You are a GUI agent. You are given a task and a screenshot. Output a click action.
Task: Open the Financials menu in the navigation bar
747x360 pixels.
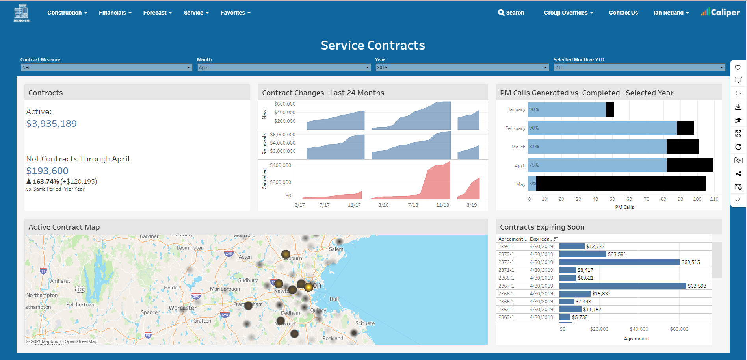(115, 13)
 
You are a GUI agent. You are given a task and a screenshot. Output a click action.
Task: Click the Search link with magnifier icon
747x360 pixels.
(511, 13)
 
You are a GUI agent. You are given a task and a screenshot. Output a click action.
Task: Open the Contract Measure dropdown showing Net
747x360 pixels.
(106, 67)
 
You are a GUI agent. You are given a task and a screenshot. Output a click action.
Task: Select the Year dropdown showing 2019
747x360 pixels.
(461, 67)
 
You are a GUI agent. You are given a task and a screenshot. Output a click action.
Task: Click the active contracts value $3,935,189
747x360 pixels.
(52, 124)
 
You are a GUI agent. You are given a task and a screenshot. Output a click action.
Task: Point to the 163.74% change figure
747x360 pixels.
(46, 182)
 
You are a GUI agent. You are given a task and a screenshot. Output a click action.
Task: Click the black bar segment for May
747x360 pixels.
(621, 184)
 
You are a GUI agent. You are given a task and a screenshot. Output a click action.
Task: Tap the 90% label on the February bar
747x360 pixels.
(534, 128)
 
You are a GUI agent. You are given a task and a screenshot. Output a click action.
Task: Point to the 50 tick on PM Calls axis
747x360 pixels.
(612, 199)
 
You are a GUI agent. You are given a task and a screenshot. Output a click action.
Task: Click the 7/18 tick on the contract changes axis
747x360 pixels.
(413, 205)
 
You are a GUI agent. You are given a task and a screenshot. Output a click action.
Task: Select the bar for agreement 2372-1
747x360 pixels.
(619, 262)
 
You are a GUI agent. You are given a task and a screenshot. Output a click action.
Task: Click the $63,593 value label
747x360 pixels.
(697, 286)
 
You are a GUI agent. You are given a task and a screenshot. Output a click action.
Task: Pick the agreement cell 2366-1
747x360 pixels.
(506, 294)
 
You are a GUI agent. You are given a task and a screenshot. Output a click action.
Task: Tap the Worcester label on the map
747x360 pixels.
(182, 308)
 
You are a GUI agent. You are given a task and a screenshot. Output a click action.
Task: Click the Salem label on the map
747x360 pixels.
(336, 249)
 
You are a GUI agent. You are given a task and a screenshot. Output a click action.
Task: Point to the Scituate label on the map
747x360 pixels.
(365, 323)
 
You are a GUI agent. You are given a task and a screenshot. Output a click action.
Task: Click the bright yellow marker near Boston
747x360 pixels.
(309, 287)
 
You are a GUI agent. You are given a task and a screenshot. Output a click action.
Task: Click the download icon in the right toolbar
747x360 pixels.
(738, 107)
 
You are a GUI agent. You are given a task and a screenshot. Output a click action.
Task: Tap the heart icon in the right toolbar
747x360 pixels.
(738, 67)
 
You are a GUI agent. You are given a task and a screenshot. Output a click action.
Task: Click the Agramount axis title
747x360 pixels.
(636, 339)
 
